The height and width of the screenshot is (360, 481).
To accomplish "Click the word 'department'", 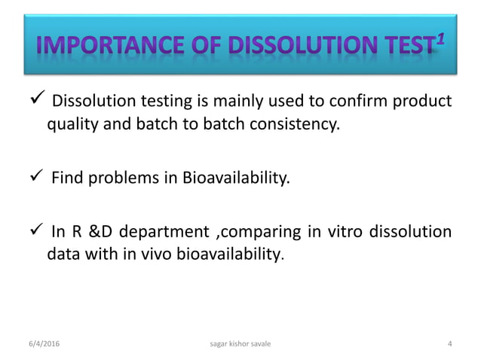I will (164, 232).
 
